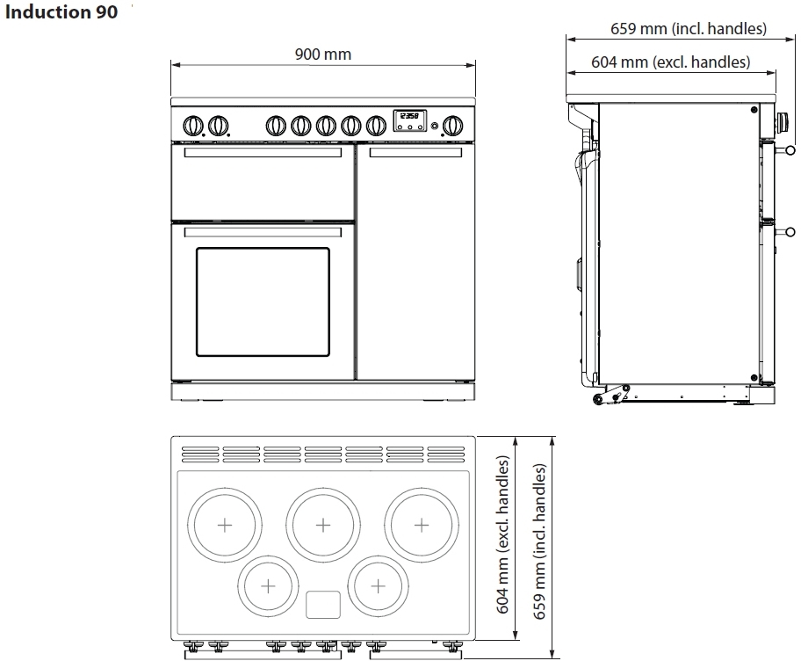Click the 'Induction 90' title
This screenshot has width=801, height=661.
tap(61, 11)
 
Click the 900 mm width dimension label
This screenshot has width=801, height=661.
tap(323, 54)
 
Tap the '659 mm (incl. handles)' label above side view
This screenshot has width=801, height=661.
tap(688, 29)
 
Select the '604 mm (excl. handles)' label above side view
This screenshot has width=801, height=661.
tap(670, 62)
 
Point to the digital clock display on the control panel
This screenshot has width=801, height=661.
tap(409, 120)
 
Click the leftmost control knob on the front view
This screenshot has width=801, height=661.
tap(193, 125)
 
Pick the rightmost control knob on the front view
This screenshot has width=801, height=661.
tap(452, 125)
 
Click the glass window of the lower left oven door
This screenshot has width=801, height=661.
tap(263, 301)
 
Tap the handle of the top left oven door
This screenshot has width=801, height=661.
tap(263, 152)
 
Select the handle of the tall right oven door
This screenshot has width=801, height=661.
tap(415, 152)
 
